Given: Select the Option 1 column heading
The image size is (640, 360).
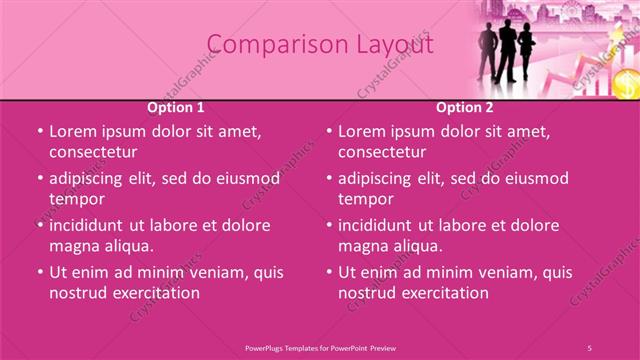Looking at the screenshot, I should click(176, 107).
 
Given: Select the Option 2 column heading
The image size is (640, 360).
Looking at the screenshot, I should click(465, 107).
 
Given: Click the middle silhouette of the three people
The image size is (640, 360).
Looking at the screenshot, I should click(507, 50).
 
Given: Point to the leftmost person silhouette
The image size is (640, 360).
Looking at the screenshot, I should click(487, 52).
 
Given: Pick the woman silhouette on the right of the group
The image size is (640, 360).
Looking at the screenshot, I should click(526, 55).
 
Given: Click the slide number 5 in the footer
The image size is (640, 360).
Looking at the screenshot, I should click(589, 347).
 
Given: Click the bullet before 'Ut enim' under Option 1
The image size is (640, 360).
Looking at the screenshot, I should click(39, 272).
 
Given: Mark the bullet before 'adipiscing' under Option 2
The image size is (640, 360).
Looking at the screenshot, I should click(328, 179).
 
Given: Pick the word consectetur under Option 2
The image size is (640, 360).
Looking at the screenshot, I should click(382, 152).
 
